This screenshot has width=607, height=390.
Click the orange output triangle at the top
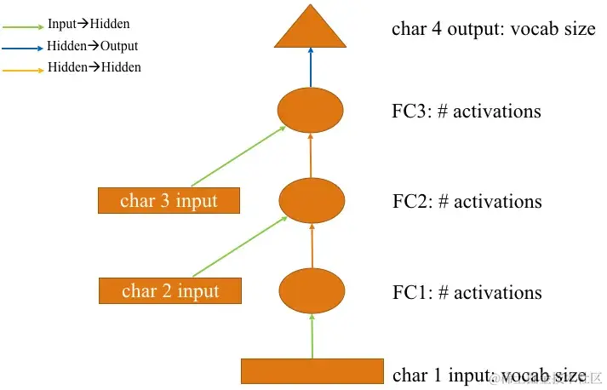click(311, 32)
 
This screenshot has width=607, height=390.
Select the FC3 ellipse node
click(311, 110)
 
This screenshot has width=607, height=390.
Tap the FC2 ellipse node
click(312, 200)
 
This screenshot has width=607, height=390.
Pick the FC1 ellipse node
click(312, 290)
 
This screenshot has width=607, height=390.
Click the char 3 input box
click(169, 201)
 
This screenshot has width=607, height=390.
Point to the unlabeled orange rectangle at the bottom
click(312, 371)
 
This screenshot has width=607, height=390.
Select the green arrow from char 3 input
click(238, 156)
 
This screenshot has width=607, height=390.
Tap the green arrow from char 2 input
click(238, 247)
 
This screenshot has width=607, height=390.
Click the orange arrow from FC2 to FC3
click(311, 155)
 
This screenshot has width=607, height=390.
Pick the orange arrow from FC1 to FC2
click(311, 245)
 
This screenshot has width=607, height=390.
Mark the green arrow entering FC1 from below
click(312, 336)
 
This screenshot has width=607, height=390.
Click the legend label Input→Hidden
click(89, 25)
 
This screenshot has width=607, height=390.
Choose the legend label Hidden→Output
click(93, 46)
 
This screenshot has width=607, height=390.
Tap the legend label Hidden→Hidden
click(94, 66)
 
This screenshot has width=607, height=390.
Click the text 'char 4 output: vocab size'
click(493, 29)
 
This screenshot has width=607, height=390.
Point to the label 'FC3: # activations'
click(467, 111)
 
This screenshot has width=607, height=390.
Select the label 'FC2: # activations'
click(467, 202)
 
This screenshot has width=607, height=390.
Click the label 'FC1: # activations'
click(467, 293)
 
